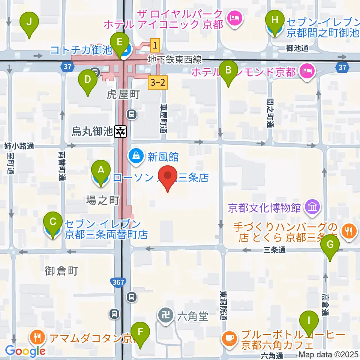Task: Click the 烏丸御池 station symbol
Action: [121, 131]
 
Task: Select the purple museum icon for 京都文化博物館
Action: [312, 206]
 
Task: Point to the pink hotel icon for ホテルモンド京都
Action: [307, 70]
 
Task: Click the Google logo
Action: [25, 351]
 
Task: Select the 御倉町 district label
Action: [61, 271]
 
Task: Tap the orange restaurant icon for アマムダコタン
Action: [37, 337]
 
